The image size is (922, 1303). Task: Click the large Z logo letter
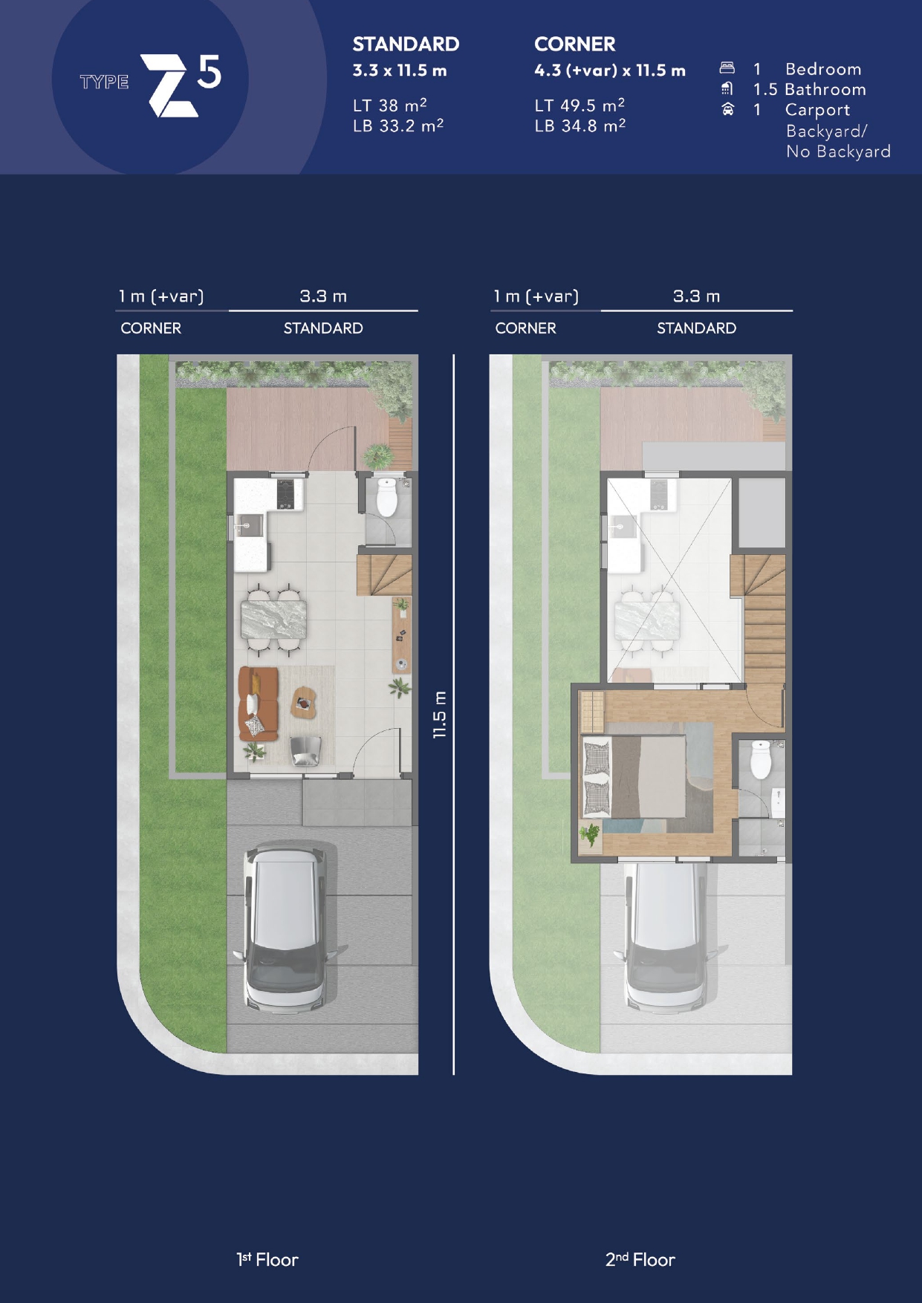click(169, 85)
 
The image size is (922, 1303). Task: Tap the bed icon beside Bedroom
click(727, 68)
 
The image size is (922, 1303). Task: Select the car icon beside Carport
click(727, 109)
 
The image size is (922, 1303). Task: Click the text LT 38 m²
click(390, 105)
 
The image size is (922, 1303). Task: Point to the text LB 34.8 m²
click(580, 125)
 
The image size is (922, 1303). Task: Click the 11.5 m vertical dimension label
click(440, 714)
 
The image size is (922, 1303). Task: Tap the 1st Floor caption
click(267, 1259)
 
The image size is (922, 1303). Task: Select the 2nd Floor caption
click(640, 1259)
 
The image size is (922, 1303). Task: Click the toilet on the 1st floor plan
click(387, 497)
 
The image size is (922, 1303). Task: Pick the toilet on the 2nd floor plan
click(761, 758)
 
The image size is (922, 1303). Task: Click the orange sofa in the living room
click(258, 704)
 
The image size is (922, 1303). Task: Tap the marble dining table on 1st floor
click(273, 620)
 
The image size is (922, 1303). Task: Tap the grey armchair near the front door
click(305, 750)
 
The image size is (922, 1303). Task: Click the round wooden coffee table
click(303, 702)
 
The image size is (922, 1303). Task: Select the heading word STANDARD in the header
click(406, 45)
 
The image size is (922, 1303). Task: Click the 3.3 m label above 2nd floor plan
click(696, 296)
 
